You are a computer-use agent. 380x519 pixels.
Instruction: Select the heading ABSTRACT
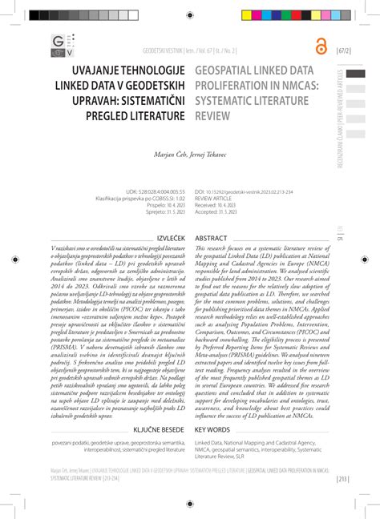click(212, 238)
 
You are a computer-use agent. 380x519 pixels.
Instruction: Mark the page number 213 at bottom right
click(342, 479)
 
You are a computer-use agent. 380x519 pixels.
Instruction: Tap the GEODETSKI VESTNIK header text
click(165, 50)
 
